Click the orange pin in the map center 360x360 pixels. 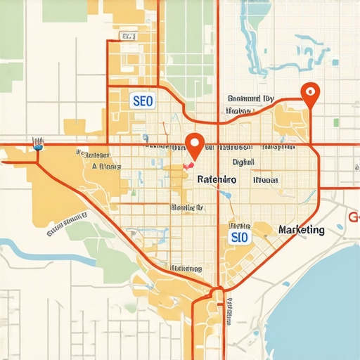click(197, 143)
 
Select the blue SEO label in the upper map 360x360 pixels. click(142, 101)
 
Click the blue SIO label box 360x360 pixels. click(239, 238)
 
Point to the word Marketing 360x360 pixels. click(301, 230)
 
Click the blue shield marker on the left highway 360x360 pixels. click(38, 147)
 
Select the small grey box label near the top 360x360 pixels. click(128, 35)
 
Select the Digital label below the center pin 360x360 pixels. click(243, 161)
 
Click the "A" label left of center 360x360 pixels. click(94, 167)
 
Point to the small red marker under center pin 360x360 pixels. click(188, 165)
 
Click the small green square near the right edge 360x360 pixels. click(336, 122)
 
